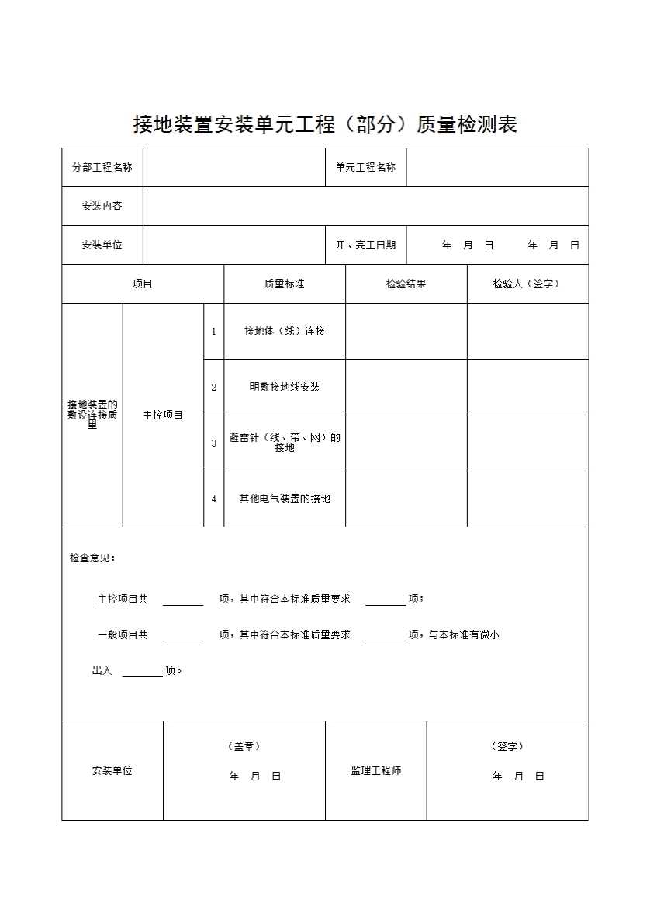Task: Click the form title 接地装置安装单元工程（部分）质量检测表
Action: tap(325, 124)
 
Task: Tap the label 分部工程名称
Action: tap(102, 167)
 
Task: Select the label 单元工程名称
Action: tap(365, 167)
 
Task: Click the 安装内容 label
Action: tap(102, 207)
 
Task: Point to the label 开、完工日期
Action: tap(365, 245)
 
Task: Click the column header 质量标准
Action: tap(284, 284)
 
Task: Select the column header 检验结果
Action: tap(406, 284)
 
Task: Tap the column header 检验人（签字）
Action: tap(527, 284)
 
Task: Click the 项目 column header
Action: tap(143, 284)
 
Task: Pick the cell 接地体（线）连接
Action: tap(284, 332)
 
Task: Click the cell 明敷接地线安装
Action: tap(284, 388)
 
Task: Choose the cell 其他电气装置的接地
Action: tap(284, 499)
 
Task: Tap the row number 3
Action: tap(214, 443)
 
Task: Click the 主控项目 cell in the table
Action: tap(163, 415)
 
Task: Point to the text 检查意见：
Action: tap(92, 558)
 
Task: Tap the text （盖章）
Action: tap(244, 746)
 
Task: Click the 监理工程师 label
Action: tap(375, 771)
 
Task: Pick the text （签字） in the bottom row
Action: tap(507, 746)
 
